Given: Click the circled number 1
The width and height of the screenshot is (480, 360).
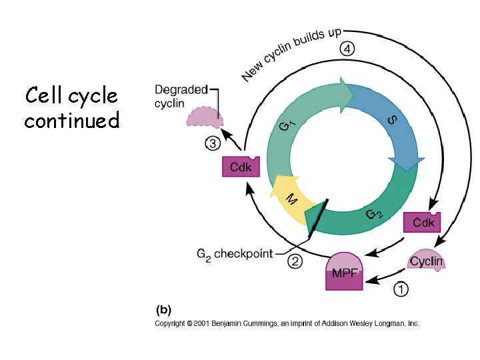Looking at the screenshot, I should [401, 289].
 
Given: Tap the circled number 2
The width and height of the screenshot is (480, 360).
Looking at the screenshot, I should [295, 261].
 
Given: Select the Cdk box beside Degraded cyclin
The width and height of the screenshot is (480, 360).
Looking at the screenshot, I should [241, 167].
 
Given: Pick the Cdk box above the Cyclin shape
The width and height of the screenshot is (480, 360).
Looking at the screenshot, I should [423, 222].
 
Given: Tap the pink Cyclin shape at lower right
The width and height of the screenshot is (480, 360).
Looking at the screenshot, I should [426, 260].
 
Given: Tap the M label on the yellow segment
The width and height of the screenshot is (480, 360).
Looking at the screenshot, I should [291, 199].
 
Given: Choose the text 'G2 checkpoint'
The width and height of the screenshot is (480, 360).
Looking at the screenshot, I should [235, 254].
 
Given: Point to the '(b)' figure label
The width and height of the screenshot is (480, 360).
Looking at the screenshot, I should [163, 310].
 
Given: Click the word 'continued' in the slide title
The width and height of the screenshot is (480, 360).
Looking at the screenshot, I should [71, 121].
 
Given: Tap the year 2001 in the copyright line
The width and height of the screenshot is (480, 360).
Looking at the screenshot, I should [201, 323].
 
